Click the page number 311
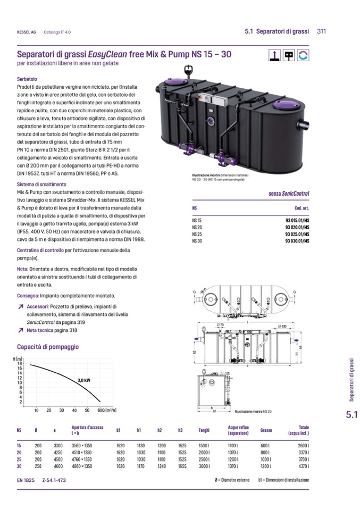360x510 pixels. pos(321,31)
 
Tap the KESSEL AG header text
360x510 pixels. pos(26,32)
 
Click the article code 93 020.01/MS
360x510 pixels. pos(295,227)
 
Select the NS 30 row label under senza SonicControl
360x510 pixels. pos(197,241)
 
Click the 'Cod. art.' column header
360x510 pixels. pos(302,208)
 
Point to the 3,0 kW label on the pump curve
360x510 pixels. pos(84,380)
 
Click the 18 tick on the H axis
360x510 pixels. pos(20,363)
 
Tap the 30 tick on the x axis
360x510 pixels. pos(61,410)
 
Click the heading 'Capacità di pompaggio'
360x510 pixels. pos(48,347)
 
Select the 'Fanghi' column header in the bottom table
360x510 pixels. pos(204,430)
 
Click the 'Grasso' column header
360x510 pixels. pos(266,430)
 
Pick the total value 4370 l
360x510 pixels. pos(303,466)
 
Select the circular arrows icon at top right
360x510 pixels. pos(304,54)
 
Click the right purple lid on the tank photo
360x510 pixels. pos(284,107)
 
